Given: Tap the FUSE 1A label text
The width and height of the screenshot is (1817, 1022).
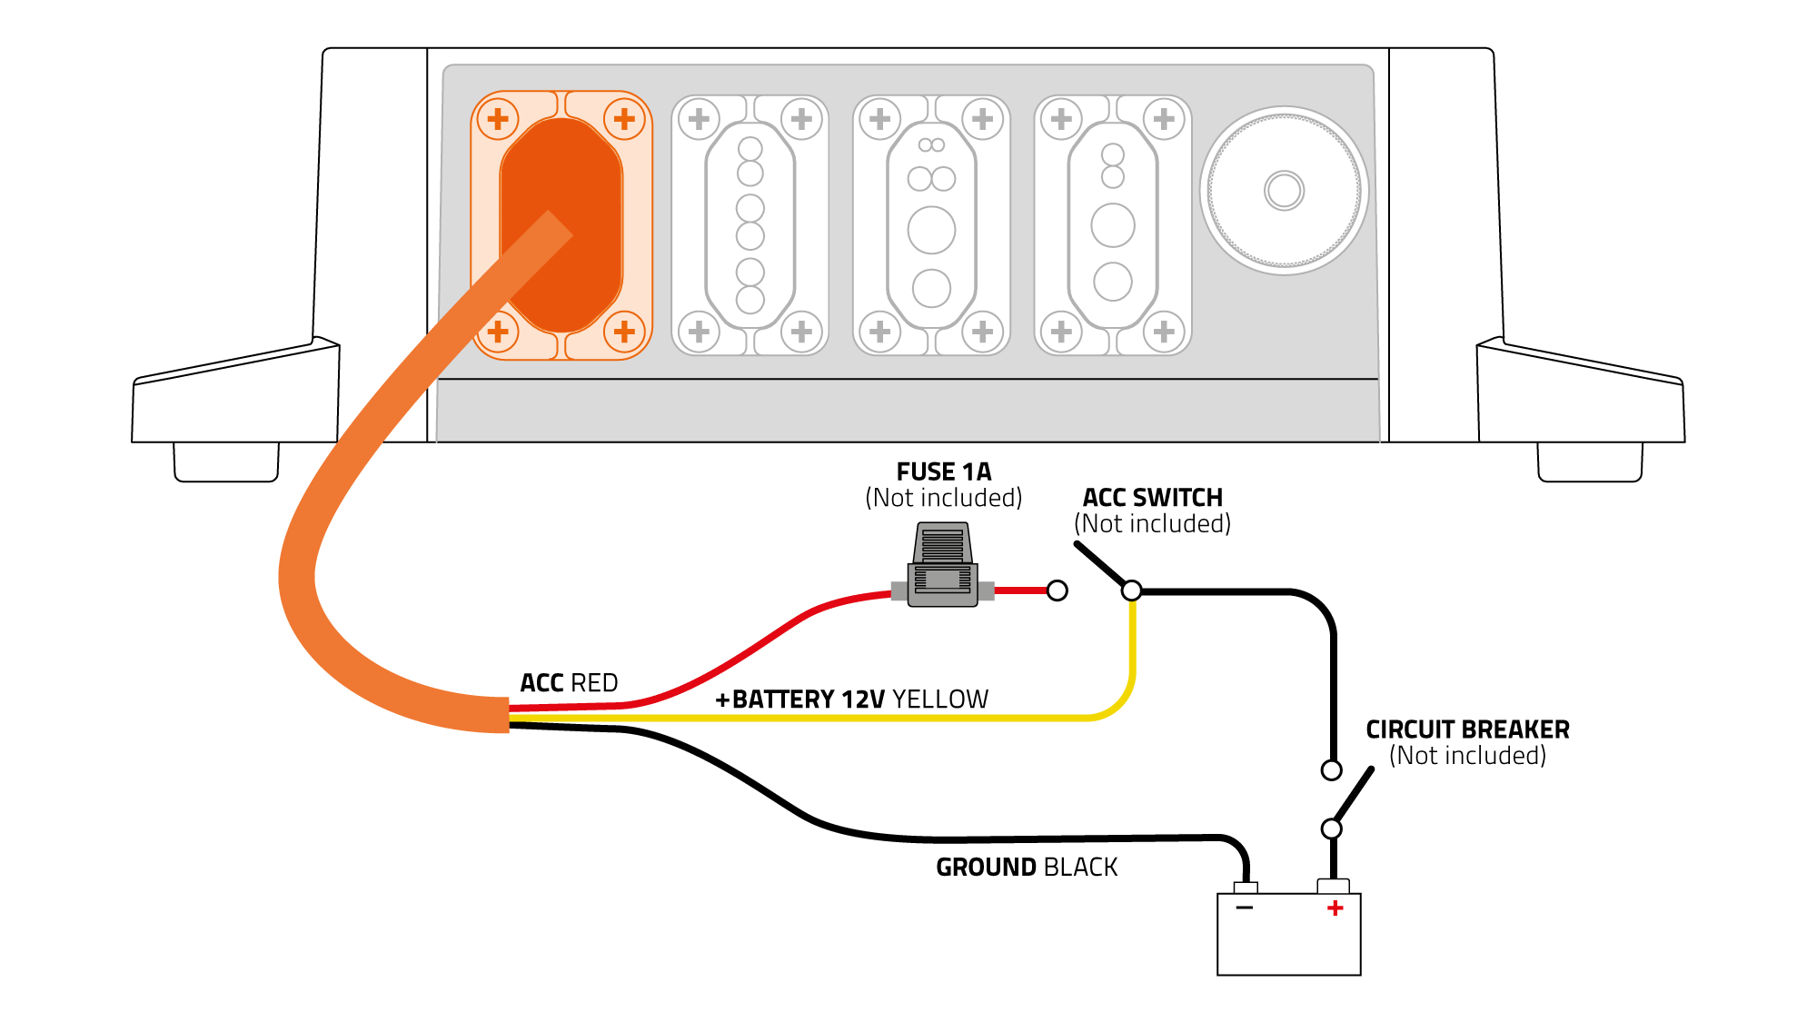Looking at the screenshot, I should pyautogui.click(x=944, y=472).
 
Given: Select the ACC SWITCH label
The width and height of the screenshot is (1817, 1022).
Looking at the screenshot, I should pyautogui.click(x=1152, y=498).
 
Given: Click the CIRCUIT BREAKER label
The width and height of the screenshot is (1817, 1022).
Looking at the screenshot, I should pyautogui.click(x=1467, y=729).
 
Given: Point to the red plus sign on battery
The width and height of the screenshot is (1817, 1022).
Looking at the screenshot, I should pyautogui.click(x=1335, y=908).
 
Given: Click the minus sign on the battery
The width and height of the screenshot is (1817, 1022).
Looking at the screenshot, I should pyautogui.click(x=1245, y=908).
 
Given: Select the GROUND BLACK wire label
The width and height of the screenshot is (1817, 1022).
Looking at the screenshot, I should pyautogui.click(x=1027, y=868).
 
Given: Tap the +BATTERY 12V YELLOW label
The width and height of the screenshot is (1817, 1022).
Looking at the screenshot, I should pyautogui.click(x=851, y=700).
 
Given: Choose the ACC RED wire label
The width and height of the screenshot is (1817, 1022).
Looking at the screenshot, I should pyautogui.click(x=569, y=683).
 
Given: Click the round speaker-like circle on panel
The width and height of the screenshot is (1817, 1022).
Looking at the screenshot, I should pyautogui.click(x=1284, y=191).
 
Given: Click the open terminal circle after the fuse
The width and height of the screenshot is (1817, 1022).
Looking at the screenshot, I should pyautogui.click(x=1057, y=590).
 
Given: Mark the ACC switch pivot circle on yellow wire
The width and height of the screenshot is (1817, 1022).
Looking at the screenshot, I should pyautogui.click(x=1131, y=590).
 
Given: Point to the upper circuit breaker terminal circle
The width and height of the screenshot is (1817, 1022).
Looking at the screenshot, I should pyautogui.click(x=1331, y=770).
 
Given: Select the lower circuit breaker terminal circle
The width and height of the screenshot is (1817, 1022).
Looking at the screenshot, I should pyautogui.click(x=1331, y=829).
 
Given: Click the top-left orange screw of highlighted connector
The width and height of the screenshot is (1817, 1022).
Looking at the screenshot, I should pyautogui.click(x=498, y=119).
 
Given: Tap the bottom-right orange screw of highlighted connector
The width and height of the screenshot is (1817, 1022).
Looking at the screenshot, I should pyautogui.click(x=624, y=332).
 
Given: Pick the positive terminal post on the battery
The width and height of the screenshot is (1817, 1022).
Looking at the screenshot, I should pyautogui.click(x=1333, y=886).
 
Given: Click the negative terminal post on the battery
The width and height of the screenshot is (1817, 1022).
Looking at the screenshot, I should pyautogui.click(x=1246, y=888).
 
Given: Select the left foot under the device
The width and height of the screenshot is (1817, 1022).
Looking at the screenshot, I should pyautogui.click(x=226, y=462).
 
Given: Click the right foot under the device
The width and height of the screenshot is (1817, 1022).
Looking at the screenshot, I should pyautogui.click(x=1590, y=462).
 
